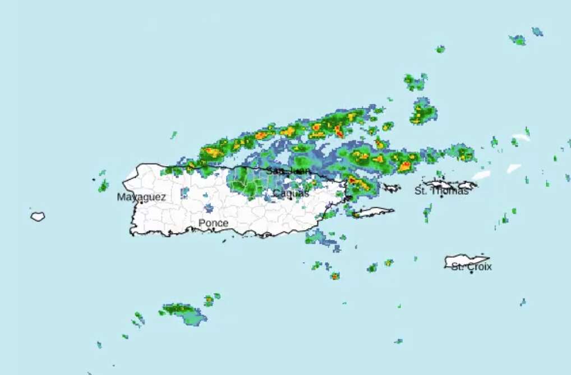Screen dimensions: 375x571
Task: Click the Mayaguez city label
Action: [x=141, y=197]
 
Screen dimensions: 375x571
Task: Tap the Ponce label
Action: [x=213, y=223]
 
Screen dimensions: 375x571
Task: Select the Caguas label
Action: [x=291, y=193]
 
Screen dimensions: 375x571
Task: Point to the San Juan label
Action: [x=288, y=170]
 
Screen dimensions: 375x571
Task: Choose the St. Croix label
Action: [x=471, y=266]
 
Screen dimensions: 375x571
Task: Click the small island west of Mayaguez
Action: [x=38, y=216]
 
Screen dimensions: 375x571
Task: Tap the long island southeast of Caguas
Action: [x=373, y=212]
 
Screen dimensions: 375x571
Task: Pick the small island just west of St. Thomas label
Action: [x=391, y=188]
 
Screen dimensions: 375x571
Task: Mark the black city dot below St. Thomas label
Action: [x=441, y=196]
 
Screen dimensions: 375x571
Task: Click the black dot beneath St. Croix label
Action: [x=472, y=272]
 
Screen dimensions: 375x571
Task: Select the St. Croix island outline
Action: [x=466, y=260]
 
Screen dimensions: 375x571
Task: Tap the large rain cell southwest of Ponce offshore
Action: [x=185, y=313]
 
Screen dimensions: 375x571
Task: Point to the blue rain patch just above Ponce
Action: [x=209, y=208]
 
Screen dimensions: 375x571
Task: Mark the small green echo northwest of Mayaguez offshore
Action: [x=103, y=186]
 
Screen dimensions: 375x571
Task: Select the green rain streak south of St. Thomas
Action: [x=427, y=213]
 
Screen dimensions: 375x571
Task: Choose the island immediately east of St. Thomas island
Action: [x=467, y=185]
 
